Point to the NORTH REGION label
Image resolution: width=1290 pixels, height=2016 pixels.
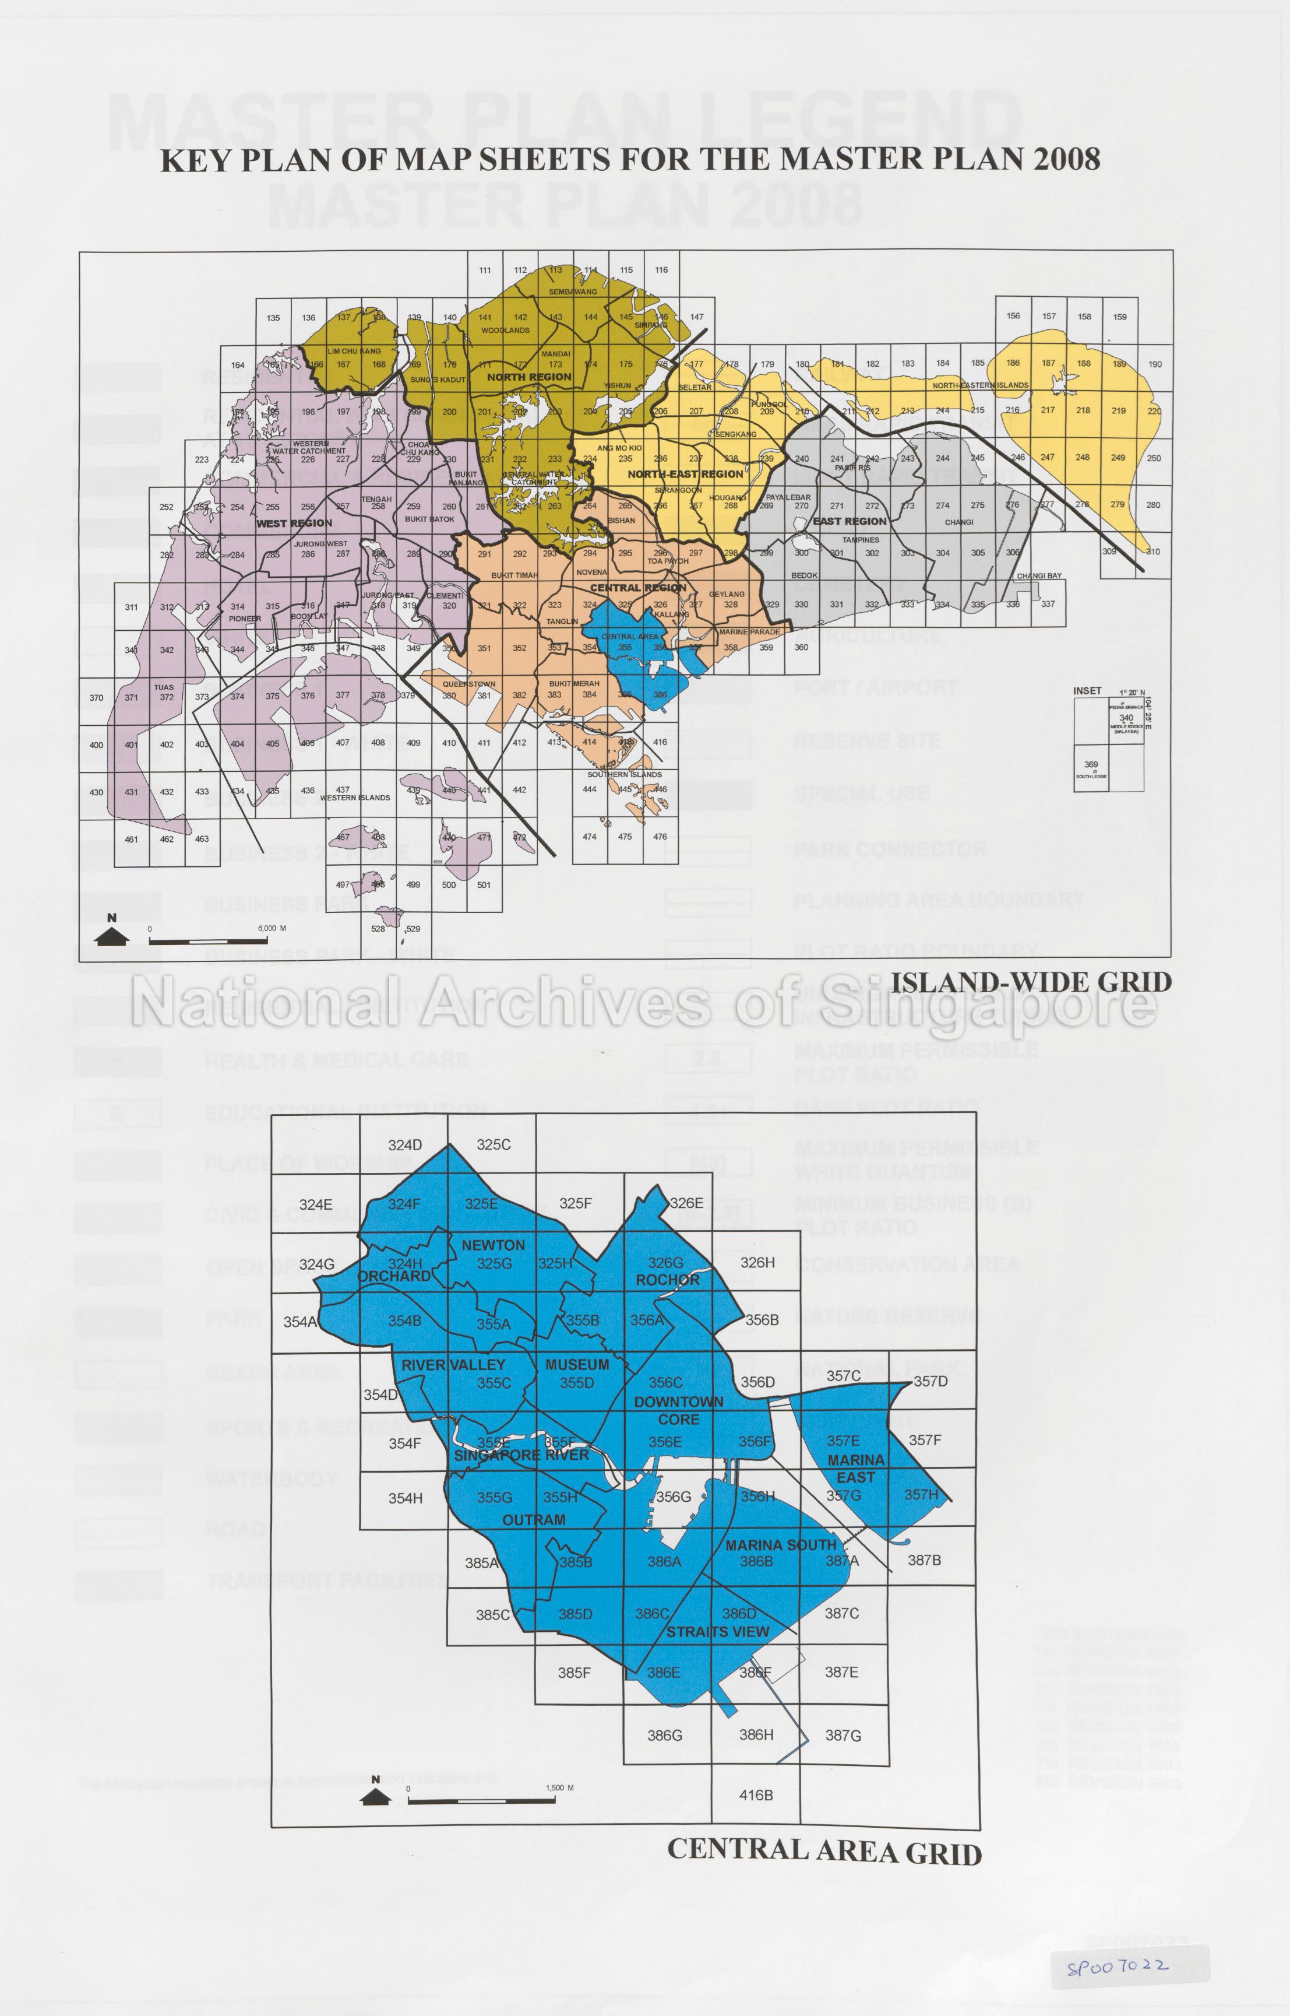(530, 377)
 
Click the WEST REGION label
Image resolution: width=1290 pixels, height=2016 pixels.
(294, 523)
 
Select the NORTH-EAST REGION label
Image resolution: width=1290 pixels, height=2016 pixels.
(685, 474)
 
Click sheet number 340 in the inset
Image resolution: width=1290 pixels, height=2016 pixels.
(1126, 718)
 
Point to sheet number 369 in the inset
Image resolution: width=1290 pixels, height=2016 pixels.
(1091, 764)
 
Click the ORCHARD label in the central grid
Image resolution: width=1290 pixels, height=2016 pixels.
(394, 1276)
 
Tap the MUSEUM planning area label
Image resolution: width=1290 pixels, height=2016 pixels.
(577, 1365)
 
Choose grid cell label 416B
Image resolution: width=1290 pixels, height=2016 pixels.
(756, 1795)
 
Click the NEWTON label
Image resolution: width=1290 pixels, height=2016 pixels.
(494, 1245)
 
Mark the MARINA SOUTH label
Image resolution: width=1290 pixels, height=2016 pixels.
(781, 1544)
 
